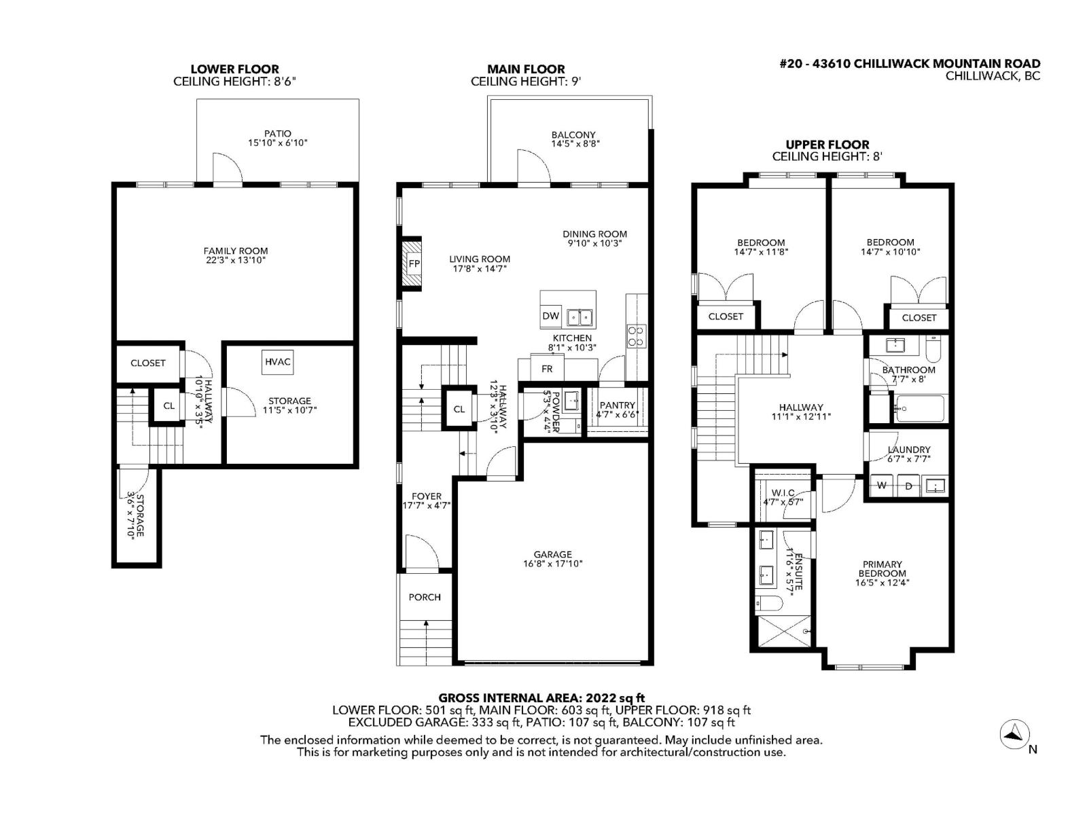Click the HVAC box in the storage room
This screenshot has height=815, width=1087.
[x=278, y=362]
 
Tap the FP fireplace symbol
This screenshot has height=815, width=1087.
[x=413, y=264]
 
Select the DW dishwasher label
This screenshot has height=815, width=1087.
[x=550, y=316]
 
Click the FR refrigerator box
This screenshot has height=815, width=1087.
[x=547, y=369]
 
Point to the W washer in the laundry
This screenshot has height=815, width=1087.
[x=882, y=486]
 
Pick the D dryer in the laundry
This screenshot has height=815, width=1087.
[x=909, y=486]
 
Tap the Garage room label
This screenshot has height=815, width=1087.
[x=552, y=554]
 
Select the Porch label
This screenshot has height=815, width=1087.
[x=425, y=597]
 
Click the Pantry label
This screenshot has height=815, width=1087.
[x=617, y=405]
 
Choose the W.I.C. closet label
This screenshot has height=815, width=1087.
[x=783, y=493]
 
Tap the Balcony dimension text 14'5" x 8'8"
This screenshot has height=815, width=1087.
[x=575, y=144]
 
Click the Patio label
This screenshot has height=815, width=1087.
[x=278, y=134]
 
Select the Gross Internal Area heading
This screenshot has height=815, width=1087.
[x=541, y=698]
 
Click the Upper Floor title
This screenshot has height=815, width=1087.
[x=827, y=145]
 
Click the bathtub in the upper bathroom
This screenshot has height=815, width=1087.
[x=919, y=408]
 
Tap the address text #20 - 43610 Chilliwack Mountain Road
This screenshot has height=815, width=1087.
[x=909, y=64]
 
